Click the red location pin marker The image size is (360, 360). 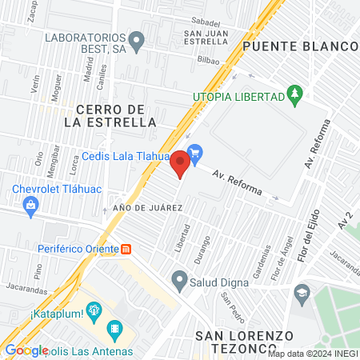coord(181,164)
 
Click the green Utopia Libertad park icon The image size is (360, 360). coord(296,96)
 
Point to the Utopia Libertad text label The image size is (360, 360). coord(238,97)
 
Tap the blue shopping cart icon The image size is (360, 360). coord(194,152)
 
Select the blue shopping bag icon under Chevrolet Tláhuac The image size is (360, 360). coord(30,206)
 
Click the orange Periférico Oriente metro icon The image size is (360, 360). coord(126,250)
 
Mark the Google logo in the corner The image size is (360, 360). coord(26,350)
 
